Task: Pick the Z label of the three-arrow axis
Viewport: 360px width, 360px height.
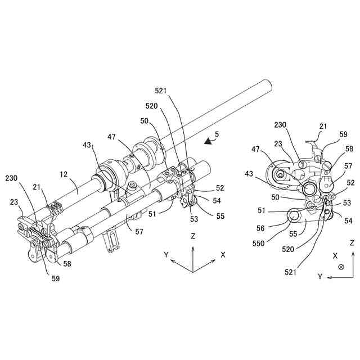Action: point(193,237)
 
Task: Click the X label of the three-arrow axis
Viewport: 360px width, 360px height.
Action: point(223,254)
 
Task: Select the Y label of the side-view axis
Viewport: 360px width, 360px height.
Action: point(319,276)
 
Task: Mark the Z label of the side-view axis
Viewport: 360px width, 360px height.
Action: point(352,243)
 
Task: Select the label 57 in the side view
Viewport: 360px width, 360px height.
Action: point(348,166)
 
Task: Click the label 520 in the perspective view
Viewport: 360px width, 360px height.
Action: point(151,106)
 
